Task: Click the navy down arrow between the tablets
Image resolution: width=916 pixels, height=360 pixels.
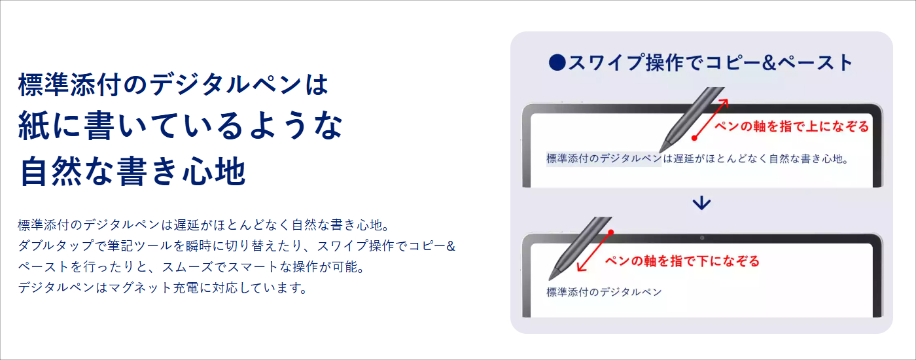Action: click(x=701, y=203)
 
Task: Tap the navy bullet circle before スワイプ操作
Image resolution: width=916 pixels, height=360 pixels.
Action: click(x=557, y=63)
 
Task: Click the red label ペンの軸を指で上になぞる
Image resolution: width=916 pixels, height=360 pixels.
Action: click(x=792, y=126)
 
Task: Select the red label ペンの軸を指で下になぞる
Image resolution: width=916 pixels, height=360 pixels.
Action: click(x=682, y=261)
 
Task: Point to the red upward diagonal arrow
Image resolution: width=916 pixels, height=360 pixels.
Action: click(x=711, y=118)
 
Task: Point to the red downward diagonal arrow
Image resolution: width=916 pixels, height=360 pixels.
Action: click(x=594, y=251)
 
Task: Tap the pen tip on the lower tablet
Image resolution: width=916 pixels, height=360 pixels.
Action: click(x=550, y=279)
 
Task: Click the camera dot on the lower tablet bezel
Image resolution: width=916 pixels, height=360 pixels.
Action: click(x=701, y=238)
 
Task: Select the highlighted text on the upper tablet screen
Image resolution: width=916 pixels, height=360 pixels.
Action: click(x=603, y=158)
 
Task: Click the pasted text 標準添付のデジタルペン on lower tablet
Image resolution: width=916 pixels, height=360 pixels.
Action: click(x=604, y=292)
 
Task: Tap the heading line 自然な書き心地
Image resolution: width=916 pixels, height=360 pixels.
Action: click(x=133, y=171)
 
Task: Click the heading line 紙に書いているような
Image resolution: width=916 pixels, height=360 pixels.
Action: click(x=181, y=125)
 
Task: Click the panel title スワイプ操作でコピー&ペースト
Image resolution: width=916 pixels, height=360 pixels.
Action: click(x=711, y=63)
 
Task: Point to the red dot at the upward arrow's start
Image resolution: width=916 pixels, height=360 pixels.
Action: click(x=694, y=138)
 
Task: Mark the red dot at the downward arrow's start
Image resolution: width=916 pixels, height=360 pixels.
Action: click(x=611, y=232)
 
